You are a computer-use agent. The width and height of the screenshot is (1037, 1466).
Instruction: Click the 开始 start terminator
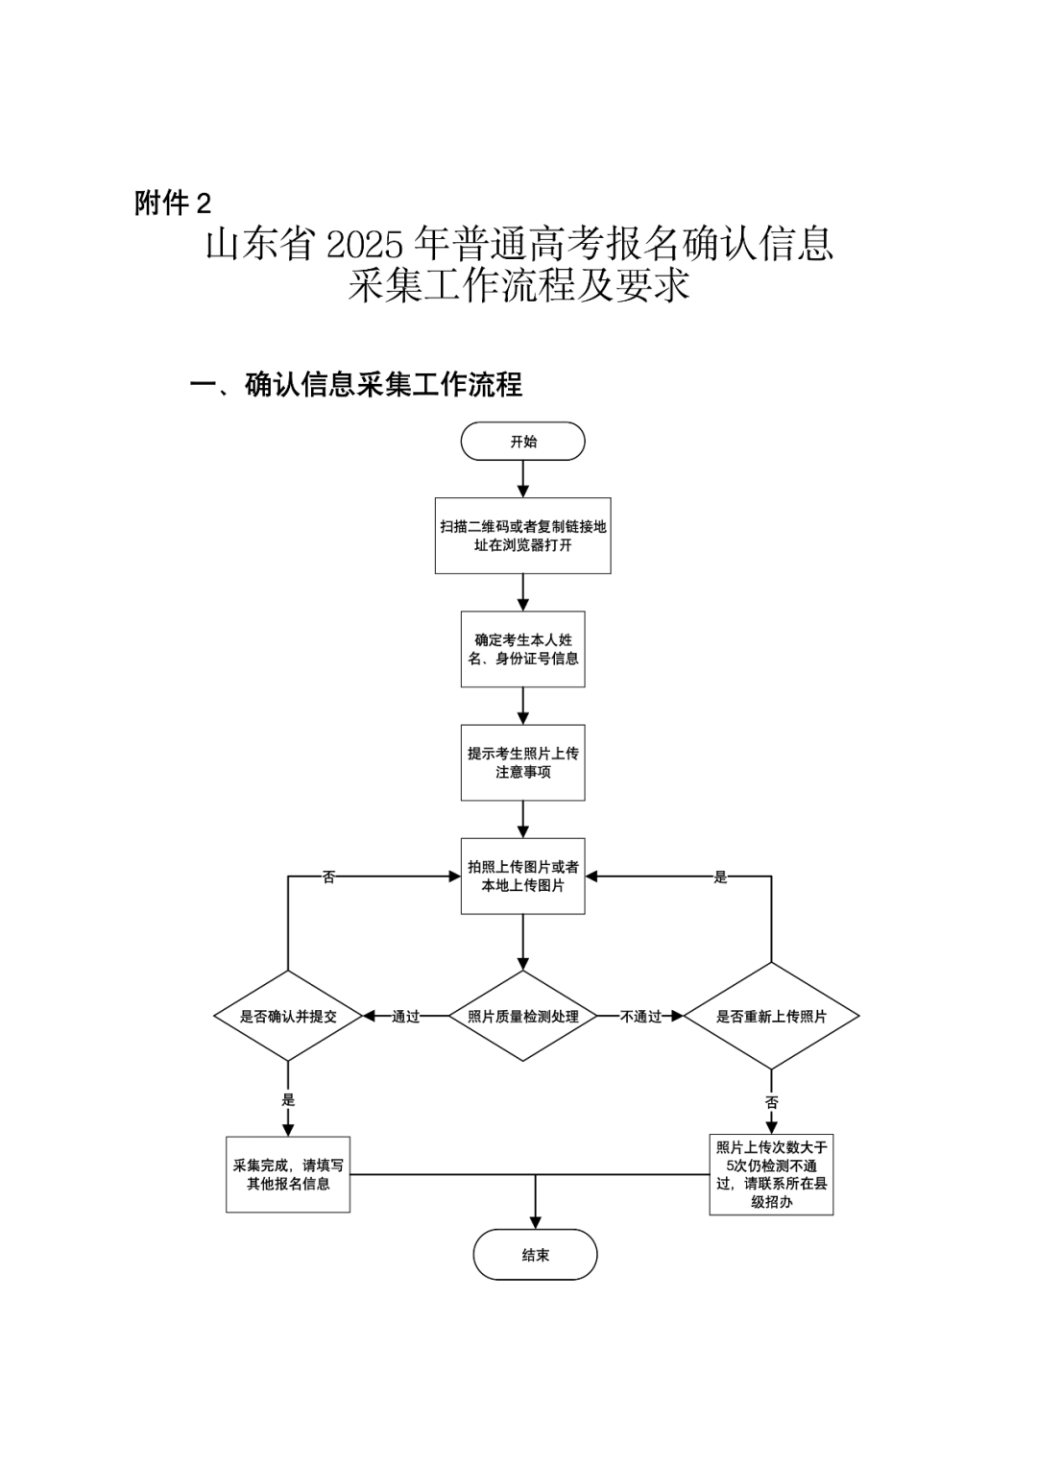coord(522,442)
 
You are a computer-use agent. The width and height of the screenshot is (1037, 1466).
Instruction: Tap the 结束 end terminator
coord(535,1255)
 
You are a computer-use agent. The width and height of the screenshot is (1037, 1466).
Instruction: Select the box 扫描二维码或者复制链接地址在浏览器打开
coord(522,536)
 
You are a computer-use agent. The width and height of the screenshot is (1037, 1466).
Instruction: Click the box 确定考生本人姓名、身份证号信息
coord(522,649)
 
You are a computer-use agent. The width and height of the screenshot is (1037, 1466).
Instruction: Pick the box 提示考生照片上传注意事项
coord(522,762)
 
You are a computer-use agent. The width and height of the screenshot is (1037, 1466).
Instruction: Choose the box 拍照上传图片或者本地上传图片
coord(522,876)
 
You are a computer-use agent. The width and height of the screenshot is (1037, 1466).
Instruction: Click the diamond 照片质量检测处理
coord(522,1016)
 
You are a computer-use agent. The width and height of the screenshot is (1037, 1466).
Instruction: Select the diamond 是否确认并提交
coord(288,1016)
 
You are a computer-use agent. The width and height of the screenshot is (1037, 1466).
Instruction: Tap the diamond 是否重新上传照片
coord(771,1016)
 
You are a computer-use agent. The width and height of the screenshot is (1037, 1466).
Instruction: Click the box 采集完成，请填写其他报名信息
coord(288,1174)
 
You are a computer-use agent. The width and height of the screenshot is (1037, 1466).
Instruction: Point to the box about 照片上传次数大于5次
coord(771,1174)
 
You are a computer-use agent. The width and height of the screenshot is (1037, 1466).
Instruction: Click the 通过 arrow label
coord(406,1016)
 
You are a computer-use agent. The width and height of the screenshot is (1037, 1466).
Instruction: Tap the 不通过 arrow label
coord(641,1016)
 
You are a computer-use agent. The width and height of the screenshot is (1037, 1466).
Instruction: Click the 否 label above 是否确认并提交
coord(328,877)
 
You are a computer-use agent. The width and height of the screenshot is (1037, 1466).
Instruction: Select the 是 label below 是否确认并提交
coord(288,1100)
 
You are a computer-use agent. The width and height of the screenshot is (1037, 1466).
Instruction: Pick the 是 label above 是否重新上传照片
coord(720,877)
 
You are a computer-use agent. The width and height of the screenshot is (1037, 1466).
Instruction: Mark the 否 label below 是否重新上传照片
coord(771,1102)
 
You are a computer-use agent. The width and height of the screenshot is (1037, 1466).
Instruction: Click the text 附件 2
coord(173,204)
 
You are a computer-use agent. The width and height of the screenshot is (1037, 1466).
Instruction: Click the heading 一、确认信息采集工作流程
coord(356,385)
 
